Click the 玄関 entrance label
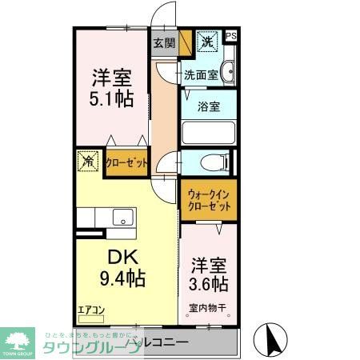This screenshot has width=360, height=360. pyautogui.click(x=163, y=42)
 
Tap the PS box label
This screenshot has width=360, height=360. pyautogui.click(x=231, y=35)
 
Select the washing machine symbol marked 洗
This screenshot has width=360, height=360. pyautogui.click(x=207, y=42)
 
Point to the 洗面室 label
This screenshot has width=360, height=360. pyautogui.click(x=201, y=75)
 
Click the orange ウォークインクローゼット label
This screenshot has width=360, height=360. pyautogui.click(x=210, y=200)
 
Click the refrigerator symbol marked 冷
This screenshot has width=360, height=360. pyautogui.click(x=88, y=161)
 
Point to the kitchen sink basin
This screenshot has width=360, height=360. pyautogui.click(x=123, y=217)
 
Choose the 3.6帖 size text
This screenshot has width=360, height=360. pyautogui.click(x=208, y=283)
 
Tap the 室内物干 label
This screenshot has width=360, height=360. pyautogui.click(x=207, y=306)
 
